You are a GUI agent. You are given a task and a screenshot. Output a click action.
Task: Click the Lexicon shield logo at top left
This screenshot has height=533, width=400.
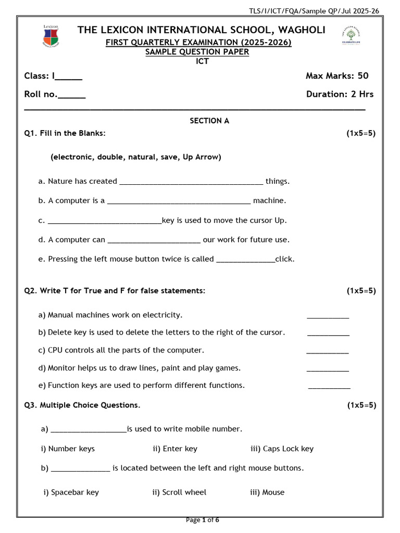click(x=51, y=36)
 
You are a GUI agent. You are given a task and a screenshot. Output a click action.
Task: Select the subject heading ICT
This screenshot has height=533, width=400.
click(x=202, y=61)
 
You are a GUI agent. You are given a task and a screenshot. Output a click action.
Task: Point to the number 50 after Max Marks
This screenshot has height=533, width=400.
click(x=362, y=76)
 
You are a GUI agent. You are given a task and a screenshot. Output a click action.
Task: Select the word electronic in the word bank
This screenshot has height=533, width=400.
click(x=70, y=157)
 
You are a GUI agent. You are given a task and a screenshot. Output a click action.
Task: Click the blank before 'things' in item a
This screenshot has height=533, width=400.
click(x=191, y=183)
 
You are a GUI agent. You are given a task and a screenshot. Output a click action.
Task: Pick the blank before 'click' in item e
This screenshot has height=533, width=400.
click(x=245, y=260)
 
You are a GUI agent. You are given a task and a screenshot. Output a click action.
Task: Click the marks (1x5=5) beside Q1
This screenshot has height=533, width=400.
click(x=361, y=133)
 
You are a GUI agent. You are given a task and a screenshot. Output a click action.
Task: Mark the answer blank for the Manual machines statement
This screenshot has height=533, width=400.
click(x=328, y=316)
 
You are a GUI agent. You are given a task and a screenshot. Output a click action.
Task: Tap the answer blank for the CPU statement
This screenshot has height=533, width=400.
click(x=328, y=352)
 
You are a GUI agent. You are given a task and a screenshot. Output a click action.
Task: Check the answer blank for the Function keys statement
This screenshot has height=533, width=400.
click(x=329, y=388)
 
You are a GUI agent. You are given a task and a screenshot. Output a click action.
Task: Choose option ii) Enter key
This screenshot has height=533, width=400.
click(x=175, y=449)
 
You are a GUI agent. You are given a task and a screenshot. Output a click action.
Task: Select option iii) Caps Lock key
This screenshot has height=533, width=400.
click(x=282, y=449)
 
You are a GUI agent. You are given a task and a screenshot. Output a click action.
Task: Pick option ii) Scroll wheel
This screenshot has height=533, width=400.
click(x=179, y=492)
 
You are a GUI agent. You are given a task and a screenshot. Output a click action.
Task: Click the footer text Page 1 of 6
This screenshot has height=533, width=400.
click(x=203, y=520)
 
